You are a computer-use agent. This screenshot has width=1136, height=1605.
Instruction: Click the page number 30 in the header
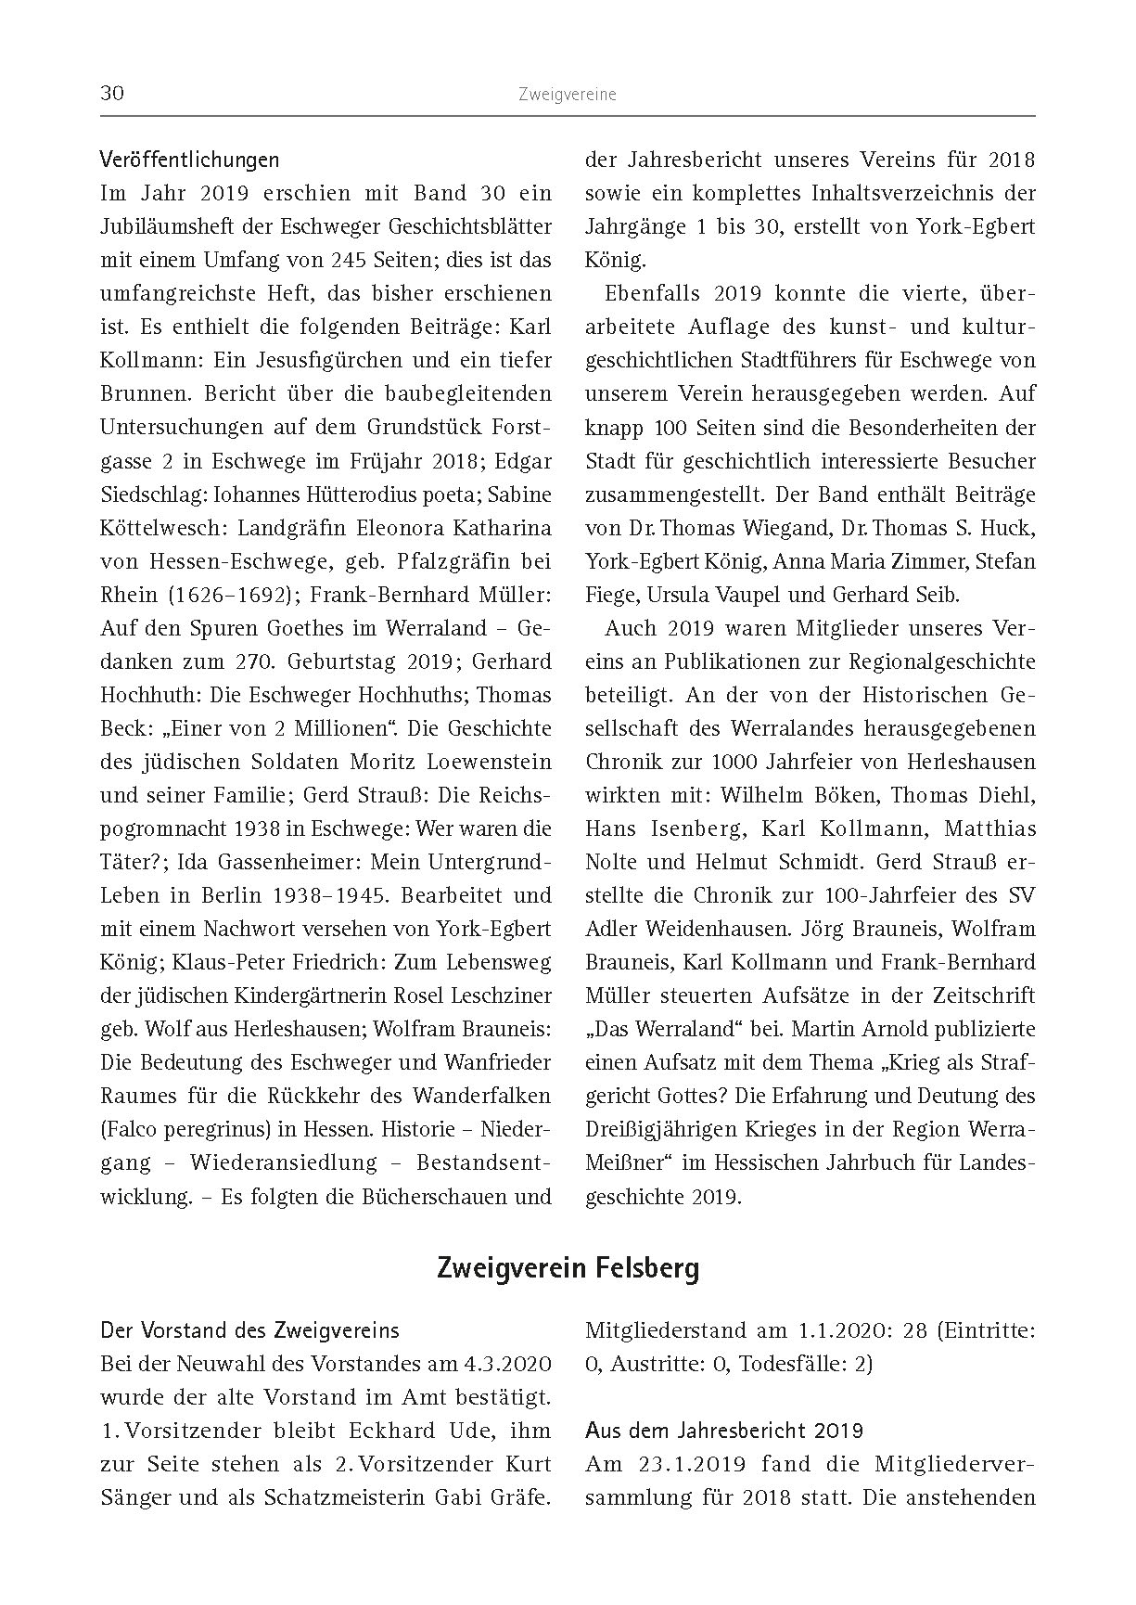[112, 95]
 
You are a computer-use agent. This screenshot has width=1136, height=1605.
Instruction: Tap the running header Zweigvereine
[568, 95]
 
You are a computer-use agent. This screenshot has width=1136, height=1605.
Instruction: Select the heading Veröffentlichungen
[189, 160]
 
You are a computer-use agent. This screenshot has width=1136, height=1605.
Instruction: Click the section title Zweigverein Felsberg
[568, 1267]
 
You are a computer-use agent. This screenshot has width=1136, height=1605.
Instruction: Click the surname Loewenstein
[488, 762]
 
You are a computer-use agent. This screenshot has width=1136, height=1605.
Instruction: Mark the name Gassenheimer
[289, 862]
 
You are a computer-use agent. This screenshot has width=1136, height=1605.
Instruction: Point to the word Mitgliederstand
[666, 1330]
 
